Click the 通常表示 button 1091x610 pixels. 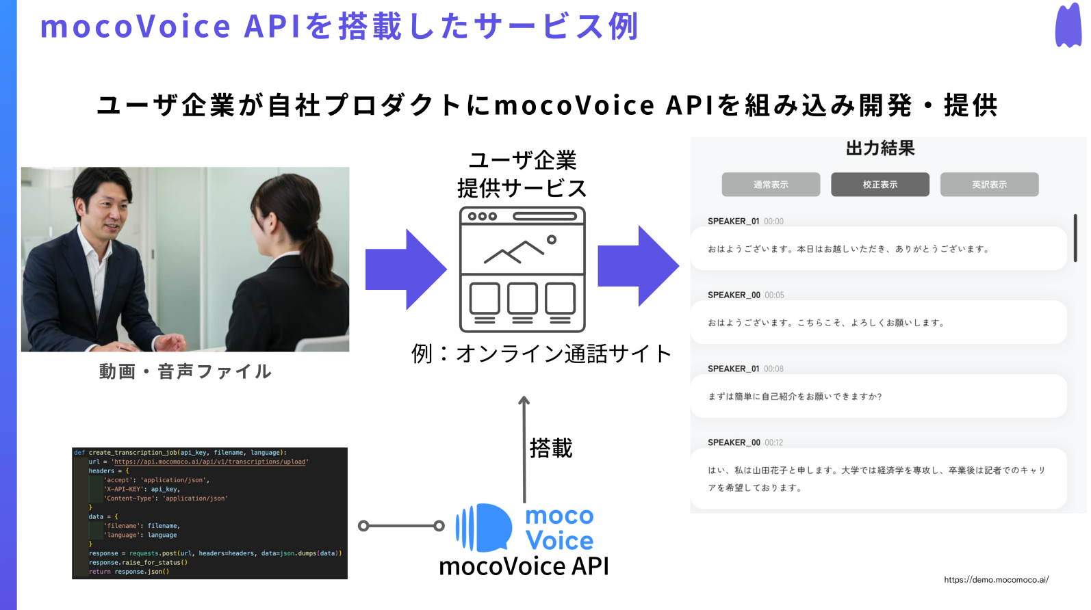771,185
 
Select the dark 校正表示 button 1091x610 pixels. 880,185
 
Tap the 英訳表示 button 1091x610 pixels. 989,185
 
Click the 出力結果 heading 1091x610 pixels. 880,148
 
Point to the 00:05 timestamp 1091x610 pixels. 774,295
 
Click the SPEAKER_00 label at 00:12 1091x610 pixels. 734,442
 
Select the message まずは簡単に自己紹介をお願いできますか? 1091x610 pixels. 795,397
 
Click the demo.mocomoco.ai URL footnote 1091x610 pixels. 996,580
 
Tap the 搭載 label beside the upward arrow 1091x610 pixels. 551,449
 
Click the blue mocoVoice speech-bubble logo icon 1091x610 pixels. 484,527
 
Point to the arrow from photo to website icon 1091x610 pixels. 406,269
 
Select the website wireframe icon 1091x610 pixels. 522,269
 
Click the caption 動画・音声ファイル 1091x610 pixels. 185,371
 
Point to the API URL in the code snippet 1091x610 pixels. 209,462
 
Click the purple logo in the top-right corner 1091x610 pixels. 1068,26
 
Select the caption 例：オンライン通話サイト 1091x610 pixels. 541,354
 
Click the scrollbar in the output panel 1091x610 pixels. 1075,238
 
